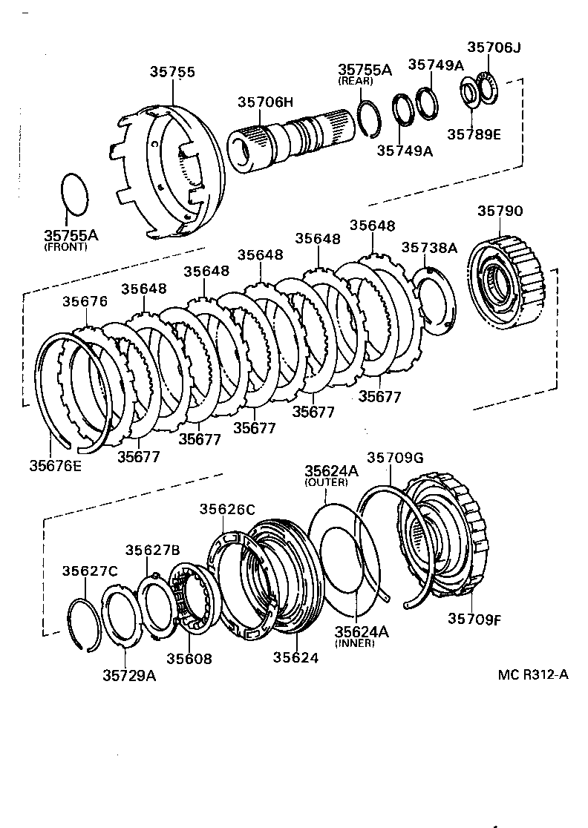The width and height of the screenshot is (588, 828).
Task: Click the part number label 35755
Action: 172,72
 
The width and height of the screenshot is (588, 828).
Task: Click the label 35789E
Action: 474,134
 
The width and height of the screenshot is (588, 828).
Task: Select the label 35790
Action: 500,211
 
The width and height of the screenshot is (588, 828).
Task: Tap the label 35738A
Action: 430,247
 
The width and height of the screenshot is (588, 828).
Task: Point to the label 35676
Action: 85,301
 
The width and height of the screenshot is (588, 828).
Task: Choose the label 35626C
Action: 227,509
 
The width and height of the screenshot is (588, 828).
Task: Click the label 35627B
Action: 153,550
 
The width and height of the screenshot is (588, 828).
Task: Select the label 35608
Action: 189,658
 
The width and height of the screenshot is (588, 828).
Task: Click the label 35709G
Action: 396,458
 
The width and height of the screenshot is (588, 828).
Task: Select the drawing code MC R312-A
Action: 533,674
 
